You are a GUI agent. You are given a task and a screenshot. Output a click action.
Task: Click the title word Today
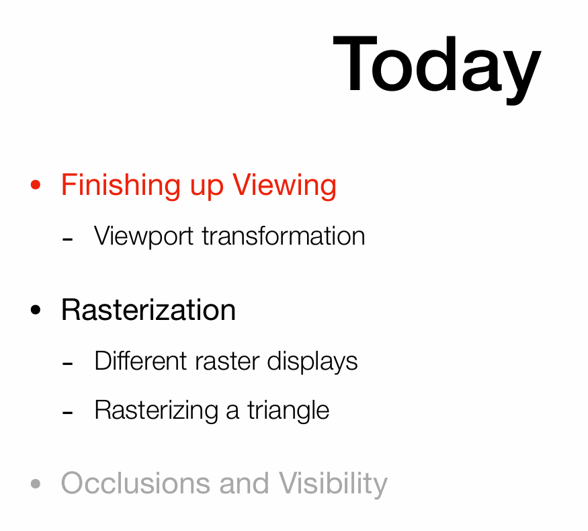[437, 69]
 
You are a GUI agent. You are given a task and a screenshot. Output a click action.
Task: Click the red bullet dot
[36, 184]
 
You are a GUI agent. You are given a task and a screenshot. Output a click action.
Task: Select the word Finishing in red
[121, 186]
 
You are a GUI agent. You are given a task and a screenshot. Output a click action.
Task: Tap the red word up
[207, 189]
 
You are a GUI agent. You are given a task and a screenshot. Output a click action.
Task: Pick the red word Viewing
[284, 186]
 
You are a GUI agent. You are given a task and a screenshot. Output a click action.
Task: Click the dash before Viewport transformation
[67, 239]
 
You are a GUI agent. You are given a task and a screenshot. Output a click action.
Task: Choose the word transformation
[284, 236]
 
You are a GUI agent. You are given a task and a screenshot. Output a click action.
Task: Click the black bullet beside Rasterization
[36, 310]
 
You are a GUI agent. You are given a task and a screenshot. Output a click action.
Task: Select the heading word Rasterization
[149, 310]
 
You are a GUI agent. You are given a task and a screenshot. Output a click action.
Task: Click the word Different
[140, 361]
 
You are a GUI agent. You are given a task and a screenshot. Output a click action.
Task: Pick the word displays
[312, 362]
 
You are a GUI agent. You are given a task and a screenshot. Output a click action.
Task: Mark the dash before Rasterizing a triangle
[67, 413]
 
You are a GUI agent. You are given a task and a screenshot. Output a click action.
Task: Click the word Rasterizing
[157, 411]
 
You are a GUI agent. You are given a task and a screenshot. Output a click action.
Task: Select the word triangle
[288, 411]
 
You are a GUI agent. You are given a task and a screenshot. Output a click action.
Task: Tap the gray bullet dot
[36, 484]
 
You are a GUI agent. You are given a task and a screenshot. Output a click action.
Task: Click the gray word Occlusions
[135, 483]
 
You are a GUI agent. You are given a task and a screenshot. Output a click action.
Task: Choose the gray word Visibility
[333, 484]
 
